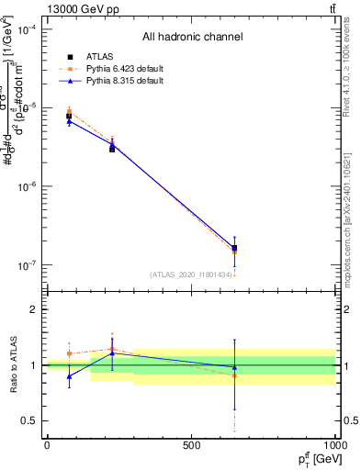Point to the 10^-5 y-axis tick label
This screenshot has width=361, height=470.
click(27, 107)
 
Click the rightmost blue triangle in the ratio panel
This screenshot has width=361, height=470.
click(234, 367)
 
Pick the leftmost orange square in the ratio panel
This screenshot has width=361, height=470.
click(70, 353)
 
